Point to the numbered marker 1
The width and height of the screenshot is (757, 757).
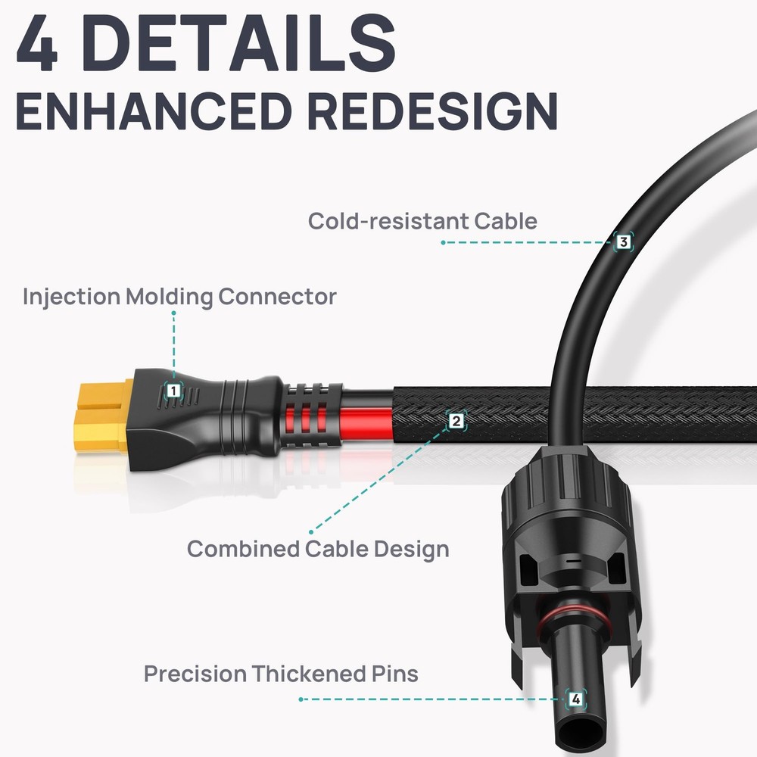pos(174,391)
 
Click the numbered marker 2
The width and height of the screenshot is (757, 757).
pos(455,420)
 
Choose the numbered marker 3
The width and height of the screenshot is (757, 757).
pos(622,242)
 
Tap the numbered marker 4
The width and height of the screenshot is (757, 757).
pos(576,699)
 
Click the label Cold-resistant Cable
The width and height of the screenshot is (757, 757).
pos(422,221)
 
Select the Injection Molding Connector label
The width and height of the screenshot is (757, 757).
pos(179,296)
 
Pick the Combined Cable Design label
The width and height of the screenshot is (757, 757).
pos(318,548)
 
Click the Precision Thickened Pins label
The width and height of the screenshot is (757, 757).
pos(281,673)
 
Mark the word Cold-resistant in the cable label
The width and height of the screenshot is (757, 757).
pos(388,221)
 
